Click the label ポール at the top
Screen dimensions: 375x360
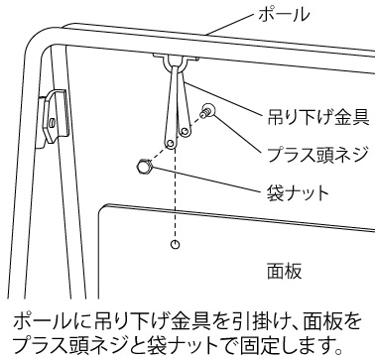pyautogui.click(x=284, y=15)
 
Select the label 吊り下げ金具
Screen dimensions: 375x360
pyautogui.click(x=318, y=117)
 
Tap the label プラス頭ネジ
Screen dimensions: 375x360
pyautogui.click(x=317, y=155)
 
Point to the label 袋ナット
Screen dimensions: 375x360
pyautogui.click(x=298, y=192)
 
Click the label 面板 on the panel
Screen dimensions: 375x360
pyautogui.click(x=285, y=272)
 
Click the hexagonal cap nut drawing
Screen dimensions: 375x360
pyautogui.click(x=144, y=166)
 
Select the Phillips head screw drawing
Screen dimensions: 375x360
pyautogui.click(x=207, y=111)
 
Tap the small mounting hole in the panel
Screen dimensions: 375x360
pyautogui.click(x=176, y=244)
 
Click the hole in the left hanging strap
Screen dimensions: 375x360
pyautogui.click(x=171, y=143)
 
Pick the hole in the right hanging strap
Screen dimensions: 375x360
pyautogui.click(x=186, y=132)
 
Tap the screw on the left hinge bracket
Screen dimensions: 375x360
pyautogui.click(x=53, y=123)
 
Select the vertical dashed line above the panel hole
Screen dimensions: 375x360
pyautogui.click(x=176, y=193)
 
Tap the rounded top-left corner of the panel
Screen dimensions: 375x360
pyautogui.click(x=101, y=209)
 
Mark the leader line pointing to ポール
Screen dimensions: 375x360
pyautogui.click(x=230, y=25)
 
